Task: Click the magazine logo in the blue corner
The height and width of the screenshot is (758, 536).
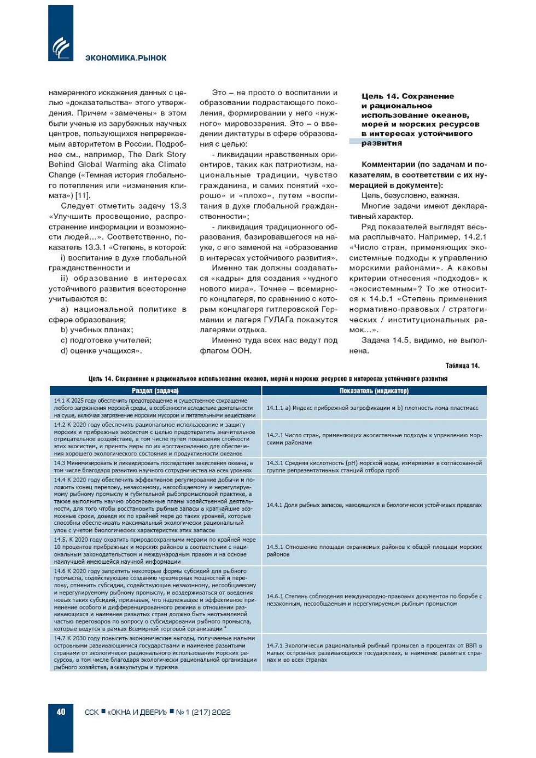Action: point(61,47)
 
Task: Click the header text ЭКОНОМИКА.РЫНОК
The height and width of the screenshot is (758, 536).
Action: point(126,58)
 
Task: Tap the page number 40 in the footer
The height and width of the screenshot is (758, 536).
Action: point(61,711)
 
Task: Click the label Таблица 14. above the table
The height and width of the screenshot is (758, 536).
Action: point(462,366)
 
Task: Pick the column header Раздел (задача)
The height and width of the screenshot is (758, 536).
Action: point(155,391)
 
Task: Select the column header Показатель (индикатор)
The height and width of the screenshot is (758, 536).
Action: point(374,391)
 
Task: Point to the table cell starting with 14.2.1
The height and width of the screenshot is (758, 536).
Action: point(374,439)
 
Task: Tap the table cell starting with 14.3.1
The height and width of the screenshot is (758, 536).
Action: point(374,466)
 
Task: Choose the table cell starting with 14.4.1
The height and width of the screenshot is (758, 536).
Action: point(374,505)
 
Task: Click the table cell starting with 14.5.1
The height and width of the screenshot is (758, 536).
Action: point(374,551)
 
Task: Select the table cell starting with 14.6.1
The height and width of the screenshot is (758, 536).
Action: point(374,600)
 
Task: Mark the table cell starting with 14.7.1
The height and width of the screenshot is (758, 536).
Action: point(374,652)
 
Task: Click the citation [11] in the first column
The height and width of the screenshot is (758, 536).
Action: point(83,195)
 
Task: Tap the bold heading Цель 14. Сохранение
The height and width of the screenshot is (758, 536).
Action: point(407,96)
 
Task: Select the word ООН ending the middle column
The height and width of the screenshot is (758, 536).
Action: point(241,351)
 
